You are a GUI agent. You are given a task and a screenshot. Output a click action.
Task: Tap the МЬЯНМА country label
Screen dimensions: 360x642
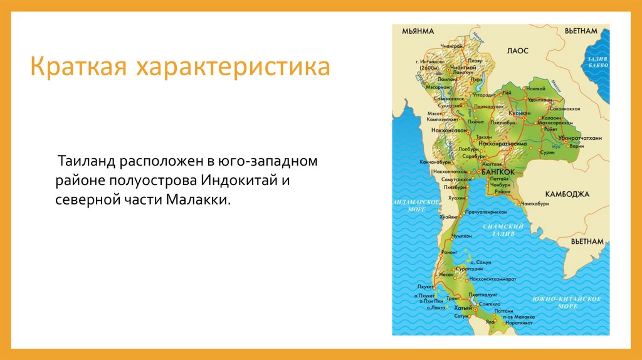418,31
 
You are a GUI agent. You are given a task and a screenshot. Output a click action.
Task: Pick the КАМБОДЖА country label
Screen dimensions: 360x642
567,193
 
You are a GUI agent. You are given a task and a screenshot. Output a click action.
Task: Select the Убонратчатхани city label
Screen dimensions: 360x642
580,138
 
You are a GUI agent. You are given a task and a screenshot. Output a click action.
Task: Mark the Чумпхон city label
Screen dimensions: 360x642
461,236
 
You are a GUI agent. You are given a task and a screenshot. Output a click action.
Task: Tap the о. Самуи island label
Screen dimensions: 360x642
483,262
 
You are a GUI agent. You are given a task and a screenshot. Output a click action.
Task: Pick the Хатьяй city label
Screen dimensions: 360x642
463,308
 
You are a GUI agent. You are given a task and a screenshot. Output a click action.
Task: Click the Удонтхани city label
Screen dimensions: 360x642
539,100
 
